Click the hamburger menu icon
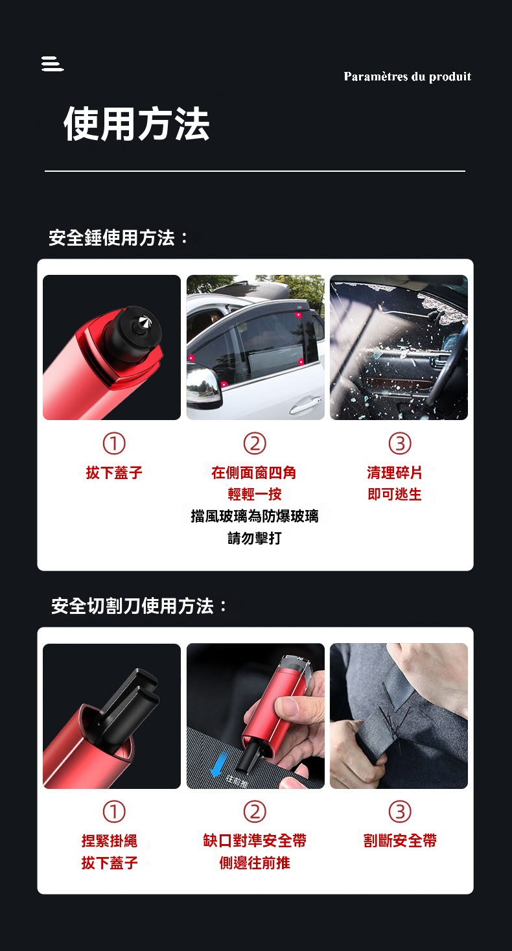[x=52, y=64]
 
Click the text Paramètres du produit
[x=407, y=76]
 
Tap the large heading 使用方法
[x=136, y=124]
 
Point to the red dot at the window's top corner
[x=299, y=315]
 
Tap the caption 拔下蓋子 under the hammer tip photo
[x=114, y=473]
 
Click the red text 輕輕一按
[x=254, y=494]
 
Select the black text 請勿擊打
[x=254, y=538]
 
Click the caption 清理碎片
[x=395, y=473]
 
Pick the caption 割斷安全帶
[x=400, y=841]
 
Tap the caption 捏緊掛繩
[x=110, y=841]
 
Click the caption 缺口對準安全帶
[x=255, y=841]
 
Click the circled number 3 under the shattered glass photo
[x=400, y=443]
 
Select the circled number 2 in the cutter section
[x=255, y=812]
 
